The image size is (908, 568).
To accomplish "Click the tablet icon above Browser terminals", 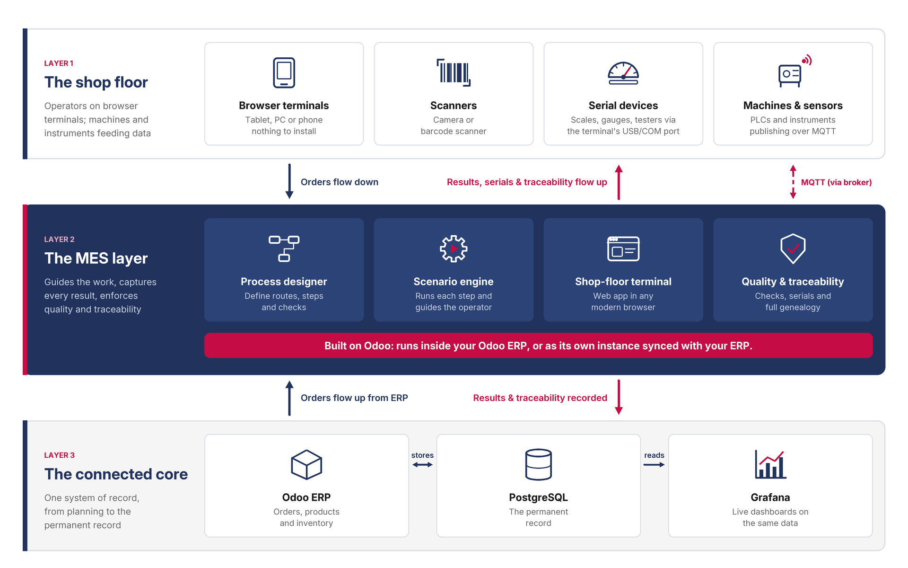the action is tap(284, 73).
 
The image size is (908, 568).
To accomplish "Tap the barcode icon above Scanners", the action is tap(454, 72).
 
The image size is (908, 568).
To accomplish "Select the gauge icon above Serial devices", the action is tap(623, 73).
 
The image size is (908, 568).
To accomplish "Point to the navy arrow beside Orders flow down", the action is tap(289, 181).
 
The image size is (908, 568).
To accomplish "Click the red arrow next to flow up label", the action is tap(619, 182).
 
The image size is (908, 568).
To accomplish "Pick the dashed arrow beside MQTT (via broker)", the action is tap(793, 182).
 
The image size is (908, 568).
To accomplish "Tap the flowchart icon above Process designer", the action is tap(284, 248).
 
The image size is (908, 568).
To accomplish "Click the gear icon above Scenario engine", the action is tap(454, 248).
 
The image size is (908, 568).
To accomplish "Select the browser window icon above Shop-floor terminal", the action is tap(623, 248).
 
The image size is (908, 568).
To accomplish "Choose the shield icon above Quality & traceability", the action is tap(793, 248).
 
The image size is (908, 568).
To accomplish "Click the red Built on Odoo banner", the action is tap(538, 346).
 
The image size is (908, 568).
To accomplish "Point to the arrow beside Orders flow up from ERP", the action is tap(289, 398).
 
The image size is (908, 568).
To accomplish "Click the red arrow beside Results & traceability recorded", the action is tap(619, 397).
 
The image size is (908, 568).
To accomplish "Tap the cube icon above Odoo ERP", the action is tap(306, 464).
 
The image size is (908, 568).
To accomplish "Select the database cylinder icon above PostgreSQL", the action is tap(538, 464).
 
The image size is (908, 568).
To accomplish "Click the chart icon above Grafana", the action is tap(770, 464).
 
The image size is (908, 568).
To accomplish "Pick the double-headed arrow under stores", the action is tap(422, 465).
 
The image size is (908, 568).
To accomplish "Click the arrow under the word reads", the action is tap(654, 465).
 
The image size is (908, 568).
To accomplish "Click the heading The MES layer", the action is tap(96, 258).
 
